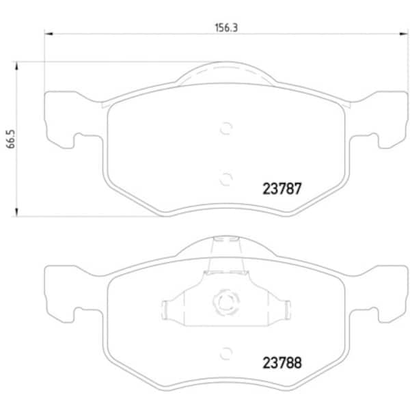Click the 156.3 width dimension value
click(226, 28)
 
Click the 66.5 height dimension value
click(11, 139)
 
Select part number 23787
click(282, 189)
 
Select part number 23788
click(282, 363)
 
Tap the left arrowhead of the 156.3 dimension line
click(49, 33)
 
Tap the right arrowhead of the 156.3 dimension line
click(403, 33)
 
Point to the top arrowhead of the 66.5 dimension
click(16, 66)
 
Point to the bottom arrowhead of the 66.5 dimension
click(16, 213)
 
